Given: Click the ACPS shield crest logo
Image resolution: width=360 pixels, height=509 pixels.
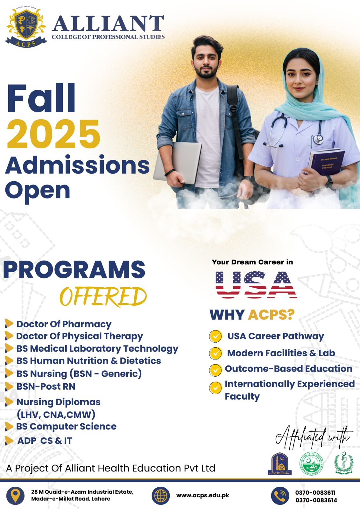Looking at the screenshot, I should pos(25,27).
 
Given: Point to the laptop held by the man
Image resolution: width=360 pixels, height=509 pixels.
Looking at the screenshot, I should pos(178,162).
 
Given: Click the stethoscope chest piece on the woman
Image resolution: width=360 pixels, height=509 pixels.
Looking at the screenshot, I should pos(318,139).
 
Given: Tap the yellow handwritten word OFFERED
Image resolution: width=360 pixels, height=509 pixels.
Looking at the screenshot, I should pos(103,296).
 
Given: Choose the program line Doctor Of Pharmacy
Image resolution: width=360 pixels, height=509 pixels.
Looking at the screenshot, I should pos(64,324).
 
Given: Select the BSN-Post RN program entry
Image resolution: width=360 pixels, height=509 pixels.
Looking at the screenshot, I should pos(46,387).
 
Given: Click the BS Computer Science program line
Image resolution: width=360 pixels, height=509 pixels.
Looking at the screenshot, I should pos(66,426).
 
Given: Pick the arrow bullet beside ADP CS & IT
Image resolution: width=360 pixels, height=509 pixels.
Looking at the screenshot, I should pos(9,441).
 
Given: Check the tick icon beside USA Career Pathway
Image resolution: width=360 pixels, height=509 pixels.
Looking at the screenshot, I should pos(215,336).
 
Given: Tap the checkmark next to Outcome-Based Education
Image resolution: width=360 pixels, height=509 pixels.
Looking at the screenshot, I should pos(215,370).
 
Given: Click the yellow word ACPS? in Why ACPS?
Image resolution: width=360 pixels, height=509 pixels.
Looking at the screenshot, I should pos(271,315).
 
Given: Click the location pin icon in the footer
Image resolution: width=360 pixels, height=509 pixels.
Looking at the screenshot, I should pos(15,495).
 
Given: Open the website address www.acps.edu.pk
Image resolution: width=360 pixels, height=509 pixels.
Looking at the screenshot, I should pos(203,495).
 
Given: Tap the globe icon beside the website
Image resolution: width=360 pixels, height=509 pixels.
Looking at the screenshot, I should pos(161,496).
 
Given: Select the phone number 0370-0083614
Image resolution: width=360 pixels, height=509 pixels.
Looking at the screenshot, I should pos(316,500).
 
